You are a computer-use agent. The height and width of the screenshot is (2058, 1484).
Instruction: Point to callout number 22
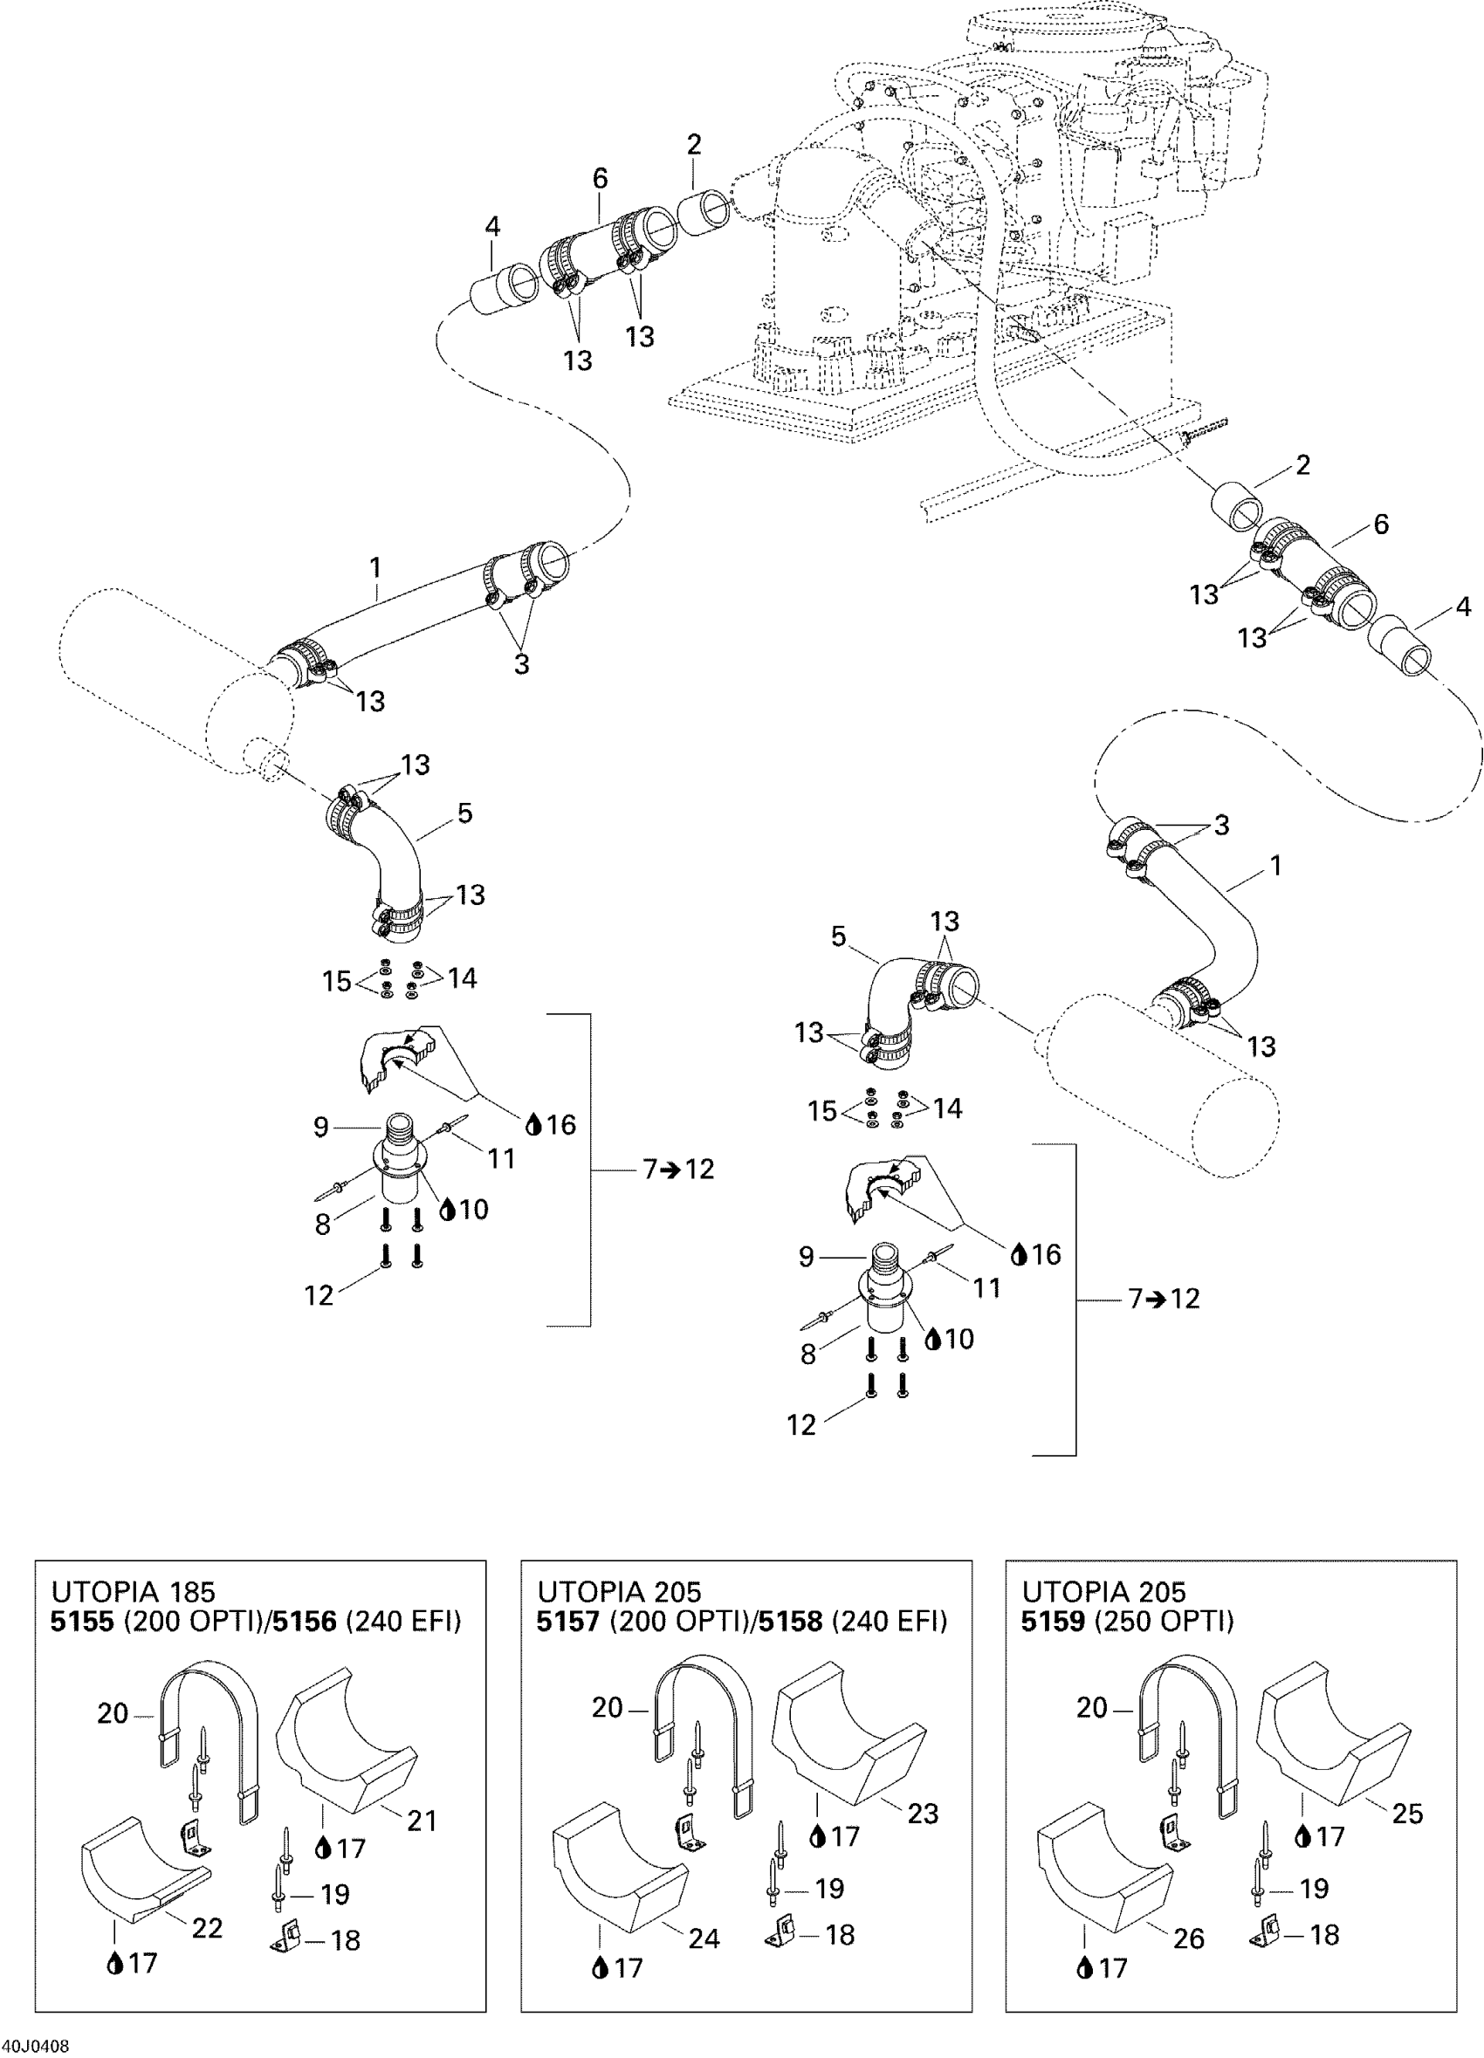(207, 1927)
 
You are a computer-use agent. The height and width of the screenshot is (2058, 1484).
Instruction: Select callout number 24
(704, 1938)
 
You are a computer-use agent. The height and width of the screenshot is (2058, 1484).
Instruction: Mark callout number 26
(1188, 1938)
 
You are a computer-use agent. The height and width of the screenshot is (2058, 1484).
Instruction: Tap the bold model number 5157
(568, 1622)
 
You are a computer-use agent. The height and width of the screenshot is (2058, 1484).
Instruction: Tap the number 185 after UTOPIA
(191, 1592)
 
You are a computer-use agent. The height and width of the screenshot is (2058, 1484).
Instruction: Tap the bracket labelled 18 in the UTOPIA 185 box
(288, 1939)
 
